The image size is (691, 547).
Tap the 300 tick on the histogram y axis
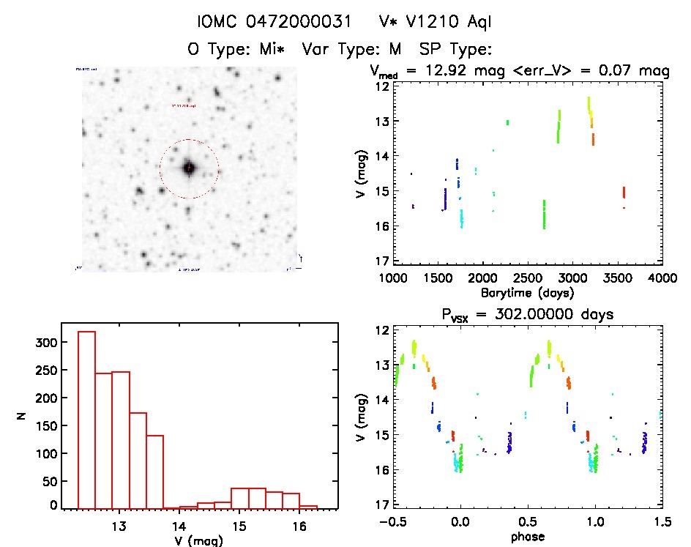[x=46, y=343]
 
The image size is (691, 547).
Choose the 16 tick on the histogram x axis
[x=299, y=526]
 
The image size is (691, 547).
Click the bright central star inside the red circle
[x=189, y=168]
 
